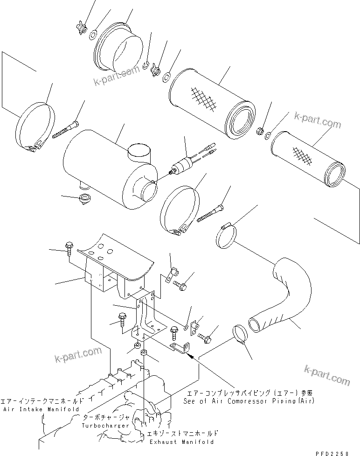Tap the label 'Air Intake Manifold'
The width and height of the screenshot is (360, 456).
tap(42, 409)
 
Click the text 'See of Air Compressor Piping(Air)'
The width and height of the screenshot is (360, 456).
tap(249, 400)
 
